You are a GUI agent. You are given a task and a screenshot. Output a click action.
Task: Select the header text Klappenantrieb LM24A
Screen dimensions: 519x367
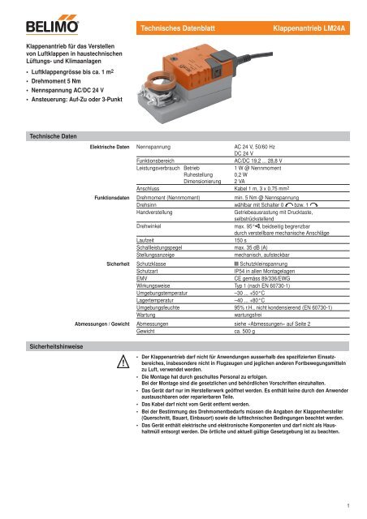[x=315, y=8]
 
